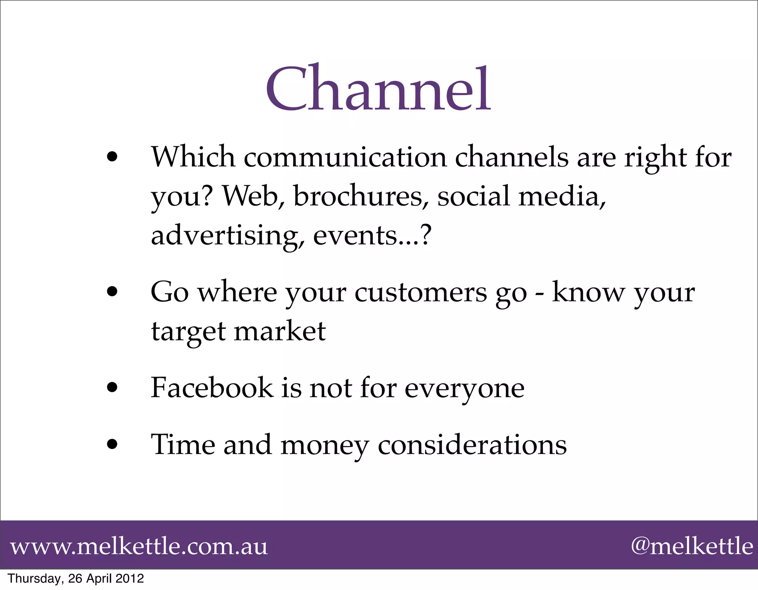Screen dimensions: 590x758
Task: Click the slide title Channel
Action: click(x=378, y=89)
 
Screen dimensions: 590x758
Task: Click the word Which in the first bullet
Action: click(x=193, y=157)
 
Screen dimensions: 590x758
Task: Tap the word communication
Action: click(x=345, y=157)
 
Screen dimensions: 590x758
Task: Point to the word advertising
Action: click(x=228, y=236)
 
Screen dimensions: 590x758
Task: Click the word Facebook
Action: click(x=212, y=388)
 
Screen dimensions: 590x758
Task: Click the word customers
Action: click(x=421, y=293)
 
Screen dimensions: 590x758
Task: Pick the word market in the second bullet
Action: click(x=280, y=331)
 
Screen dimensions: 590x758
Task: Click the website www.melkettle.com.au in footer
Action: click(x=139, y=546)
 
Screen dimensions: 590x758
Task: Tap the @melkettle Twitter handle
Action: click(x=691, y=546)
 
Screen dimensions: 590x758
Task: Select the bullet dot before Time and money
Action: click(x=111, y=444)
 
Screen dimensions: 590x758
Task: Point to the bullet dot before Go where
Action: click(x=111, y=293)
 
